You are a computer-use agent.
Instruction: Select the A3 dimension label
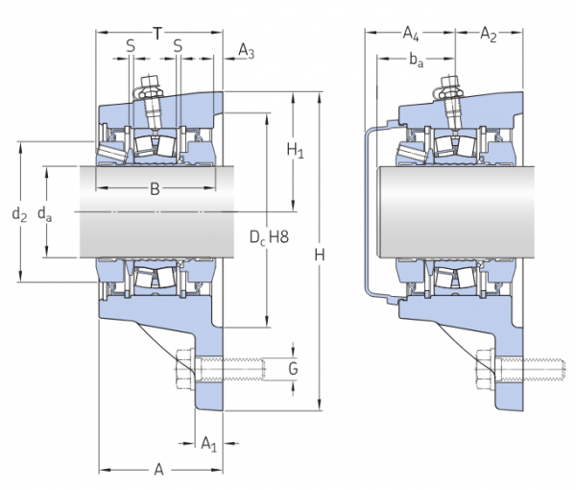coord(246,51)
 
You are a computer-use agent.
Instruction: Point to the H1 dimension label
coord(296,151)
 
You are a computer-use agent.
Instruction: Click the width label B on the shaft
coord(155,189)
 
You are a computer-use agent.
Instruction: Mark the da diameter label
coord(44,214)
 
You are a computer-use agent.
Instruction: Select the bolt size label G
coord(294,369)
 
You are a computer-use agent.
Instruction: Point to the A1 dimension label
coord(208,443)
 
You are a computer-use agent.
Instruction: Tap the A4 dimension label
coord(410,36)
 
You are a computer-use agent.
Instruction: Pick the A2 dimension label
coord(488,36)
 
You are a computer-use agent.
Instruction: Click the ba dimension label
coord(416,61)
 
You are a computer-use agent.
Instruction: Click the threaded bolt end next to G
coord(245,367)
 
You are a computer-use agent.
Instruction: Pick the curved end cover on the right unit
coord(368,211)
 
